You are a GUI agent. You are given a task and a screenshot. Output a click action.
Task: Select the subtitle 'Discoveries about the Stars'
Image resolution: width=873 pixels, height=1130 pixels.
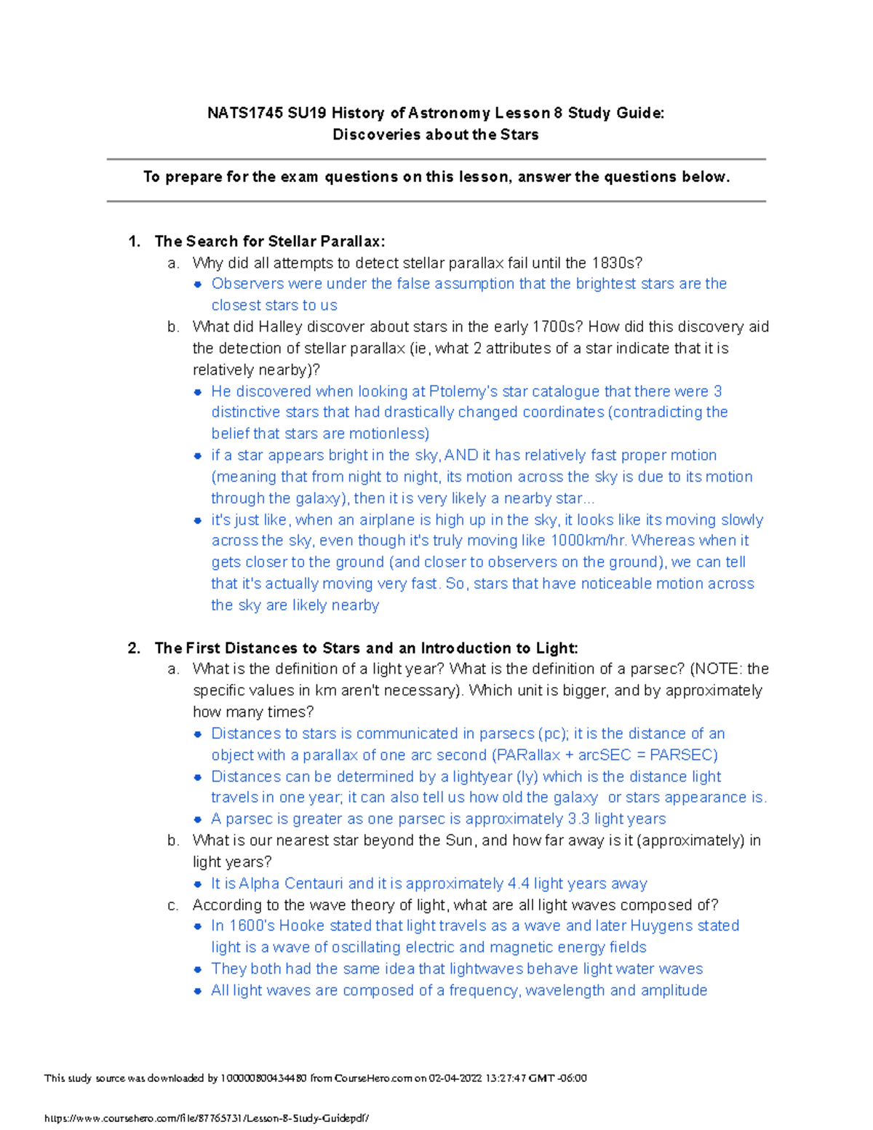pyautogui.click(x=435, y=135)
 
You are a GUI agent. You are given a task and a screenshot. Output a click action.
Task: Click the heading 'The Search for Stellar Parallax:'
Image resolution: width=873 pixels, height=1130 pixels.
pyautogui.click(x=270, y=241)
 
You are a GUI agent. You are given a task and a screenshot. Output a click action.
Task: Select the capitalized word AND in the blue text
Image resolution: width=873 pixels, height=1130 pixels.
pyautogui.click(x=461, y=455)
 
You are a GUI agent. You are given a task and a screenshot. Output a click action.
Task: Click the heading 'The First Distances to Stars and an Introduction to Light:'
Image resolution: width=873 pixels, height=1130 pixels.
pyautogui.click(x=366, y=648)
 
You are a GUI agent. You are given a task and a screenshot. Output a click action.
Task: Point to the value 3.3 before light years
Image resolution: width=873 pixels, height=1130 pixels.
pyautogui.click(x=578, y=819)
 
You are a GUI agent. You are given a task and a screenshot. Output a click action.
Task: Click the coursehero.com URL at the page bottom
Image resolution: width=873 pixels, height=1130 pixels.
pyautogui.click(x=207, y=1118)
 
